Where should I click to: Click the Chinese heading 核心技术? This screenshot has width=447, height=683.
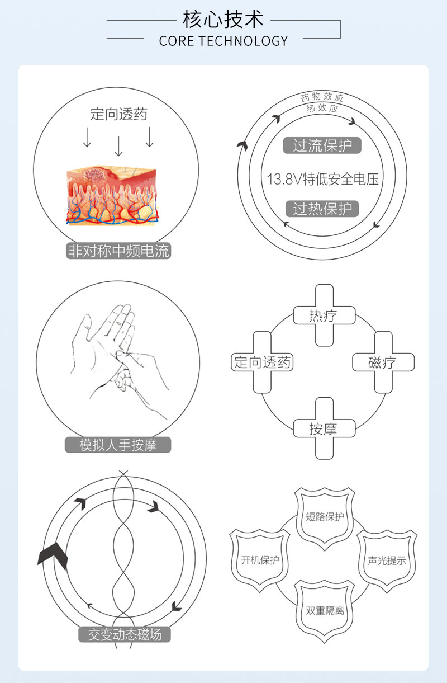[223, 19]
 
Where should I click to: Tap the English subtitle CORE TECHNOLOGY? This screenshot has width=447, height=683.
[223, 41]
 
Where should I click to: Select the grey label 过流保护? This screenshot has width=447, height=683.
[322, 145]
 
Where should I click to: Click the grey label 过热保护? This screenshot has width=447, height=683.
[322, 209]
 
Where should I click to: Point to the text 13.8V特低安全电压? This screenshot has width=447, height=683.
[323, 179]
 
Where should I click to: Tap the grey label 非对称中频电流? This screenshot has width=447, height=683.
[118, 251]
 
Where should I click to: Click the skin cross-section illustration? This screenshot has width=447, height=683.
[112, 195]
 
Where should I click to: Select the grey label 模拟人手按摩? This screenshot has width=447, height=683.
[118, 445]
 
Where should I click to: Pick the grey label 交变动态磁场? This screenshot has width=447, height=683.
[125, 634]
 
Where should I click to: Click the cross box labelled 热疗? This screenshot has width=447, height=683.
[324, 315]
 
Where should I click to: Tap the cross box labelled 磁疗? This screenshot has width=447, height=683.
[383, 362]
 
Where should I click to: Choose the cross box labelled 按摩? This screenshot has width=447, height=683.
[324, 428]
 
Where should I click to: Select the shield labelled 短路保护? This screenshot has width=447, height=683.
[325, 519]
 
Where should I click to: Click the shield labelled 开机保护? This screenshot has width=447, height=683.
[260, 560]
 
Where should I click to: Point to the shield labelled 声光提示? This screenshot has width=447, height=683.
[387, 561]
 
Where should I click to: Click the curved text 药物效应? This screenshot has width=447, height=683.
[322, 97]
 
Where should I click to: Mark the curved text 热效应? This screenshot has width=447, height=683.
[322, 108]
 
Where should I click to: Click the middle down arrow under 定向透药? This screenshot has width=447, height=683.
[118, 147]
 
